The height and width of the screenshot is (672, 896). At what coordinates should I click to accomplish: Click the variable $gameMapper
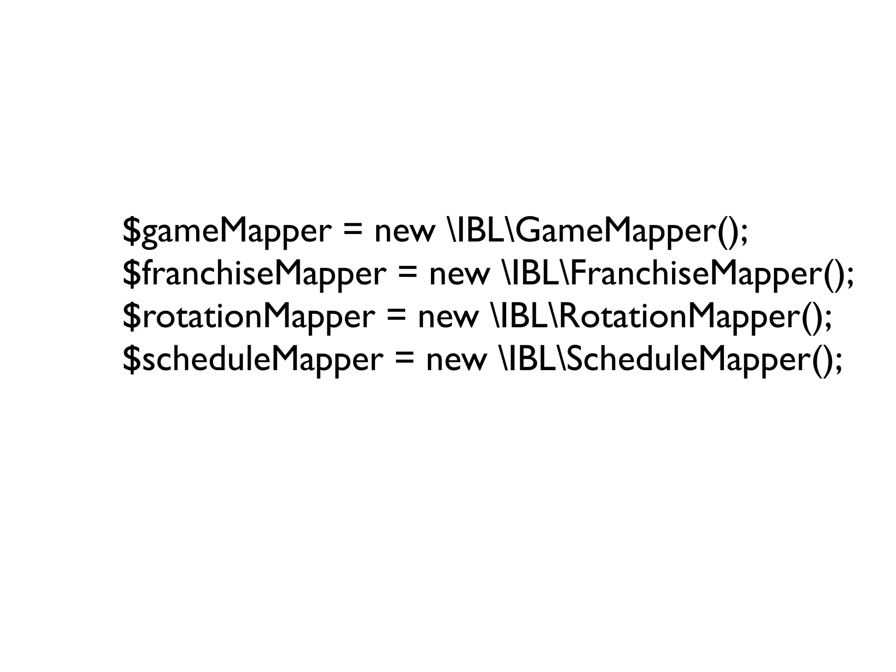click(226, 232)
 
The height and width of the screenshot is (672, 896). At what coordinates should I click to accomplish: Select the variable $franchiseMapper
click(253, 274)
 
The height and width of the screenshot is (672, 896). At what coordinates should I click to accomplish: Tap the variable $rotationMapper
click(248, 317)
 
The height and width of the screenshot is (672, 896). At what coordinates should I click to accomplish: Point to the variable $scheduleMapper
click(252, 360)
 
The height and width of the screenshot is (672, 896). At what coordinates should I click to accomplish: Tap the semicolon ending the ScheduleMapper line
click(837, 362)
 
